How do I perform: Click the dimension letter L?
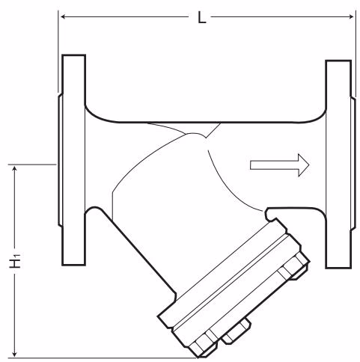(x=202, y=18)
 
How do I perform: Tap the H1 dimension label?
(x=15, y=260)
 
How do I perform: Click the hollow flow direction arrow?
(x=279, y=165)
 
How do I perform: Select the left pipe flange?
(x=74, y=160)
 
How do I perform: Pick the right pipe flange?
(x=338, y=165)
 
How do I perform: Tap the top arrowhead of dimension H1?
(x=15, y=169)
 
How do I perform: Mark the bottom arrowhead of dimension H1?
(x=15, y=354)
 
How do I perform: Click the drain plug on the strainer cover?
(x=237, y=331)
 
